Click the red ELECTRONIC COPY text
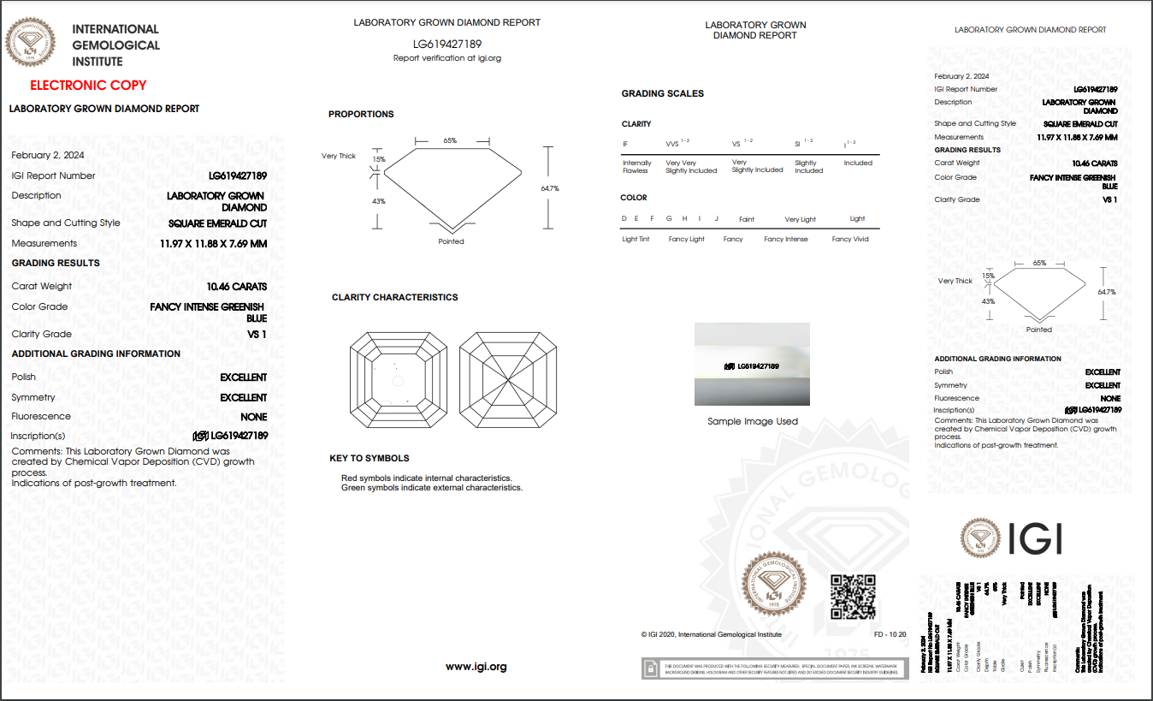(88, 85)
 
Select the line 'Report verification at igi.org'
(446, 58)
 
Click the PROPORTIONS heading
(361, 114)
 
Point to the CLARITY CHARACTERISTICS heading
(394, 297)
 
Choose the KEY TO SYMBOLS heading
(370, 458)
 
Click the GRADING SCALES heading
(662, 93)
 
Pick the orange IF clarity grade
(625, 145)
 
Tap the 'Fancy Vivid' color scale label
(849, 239)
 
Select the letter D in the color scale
(624, 219)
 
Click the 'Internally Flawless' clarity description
(636, 167)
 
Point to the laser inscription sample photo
(752, 364)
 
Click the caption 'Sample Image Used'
(752, 421)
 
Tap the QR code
(853, 597)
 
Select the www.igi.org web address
(476, 666)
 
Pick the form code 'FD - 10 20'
(890, 634)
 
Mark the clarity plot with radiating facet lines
(509, 380)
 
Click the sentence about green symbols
(431, 488)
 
